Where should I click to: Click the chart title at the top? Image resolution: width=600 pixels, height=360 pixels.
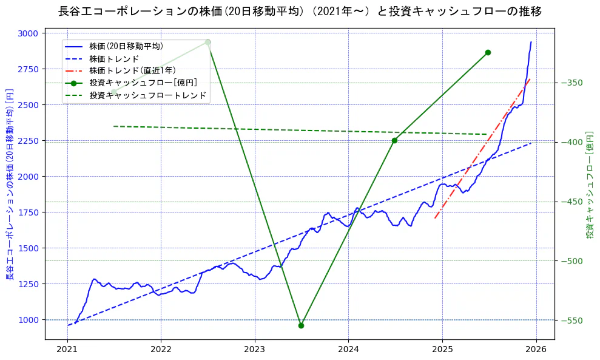300,12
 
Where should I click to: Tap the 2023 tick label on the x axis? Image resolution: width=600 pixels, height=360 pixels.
254,349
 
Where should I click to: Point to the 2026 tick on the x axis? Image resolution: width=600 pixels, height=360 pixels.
536,349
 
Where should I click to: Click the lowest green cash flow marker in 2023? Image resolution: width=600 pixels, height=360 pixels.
301,325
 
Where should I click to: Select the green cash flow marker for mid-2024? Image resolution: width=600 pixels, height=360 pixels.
394,140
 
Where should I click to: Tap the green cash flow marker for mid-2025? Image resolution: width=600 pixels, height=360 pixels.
488,53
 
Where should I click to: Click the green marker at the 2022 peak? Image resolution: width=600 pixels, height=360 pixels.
207,42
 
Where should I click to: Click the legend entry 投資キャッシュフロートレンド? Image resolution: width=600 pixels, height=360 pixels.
147,95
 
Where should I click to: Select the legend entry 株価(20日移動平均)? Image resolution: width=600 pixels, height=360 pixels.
126,46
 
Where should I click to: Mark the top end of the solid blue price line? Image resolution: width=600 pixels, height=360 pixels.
531,42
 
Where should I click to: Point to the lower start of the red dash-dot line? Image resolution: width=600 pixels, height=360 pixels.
435,218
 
